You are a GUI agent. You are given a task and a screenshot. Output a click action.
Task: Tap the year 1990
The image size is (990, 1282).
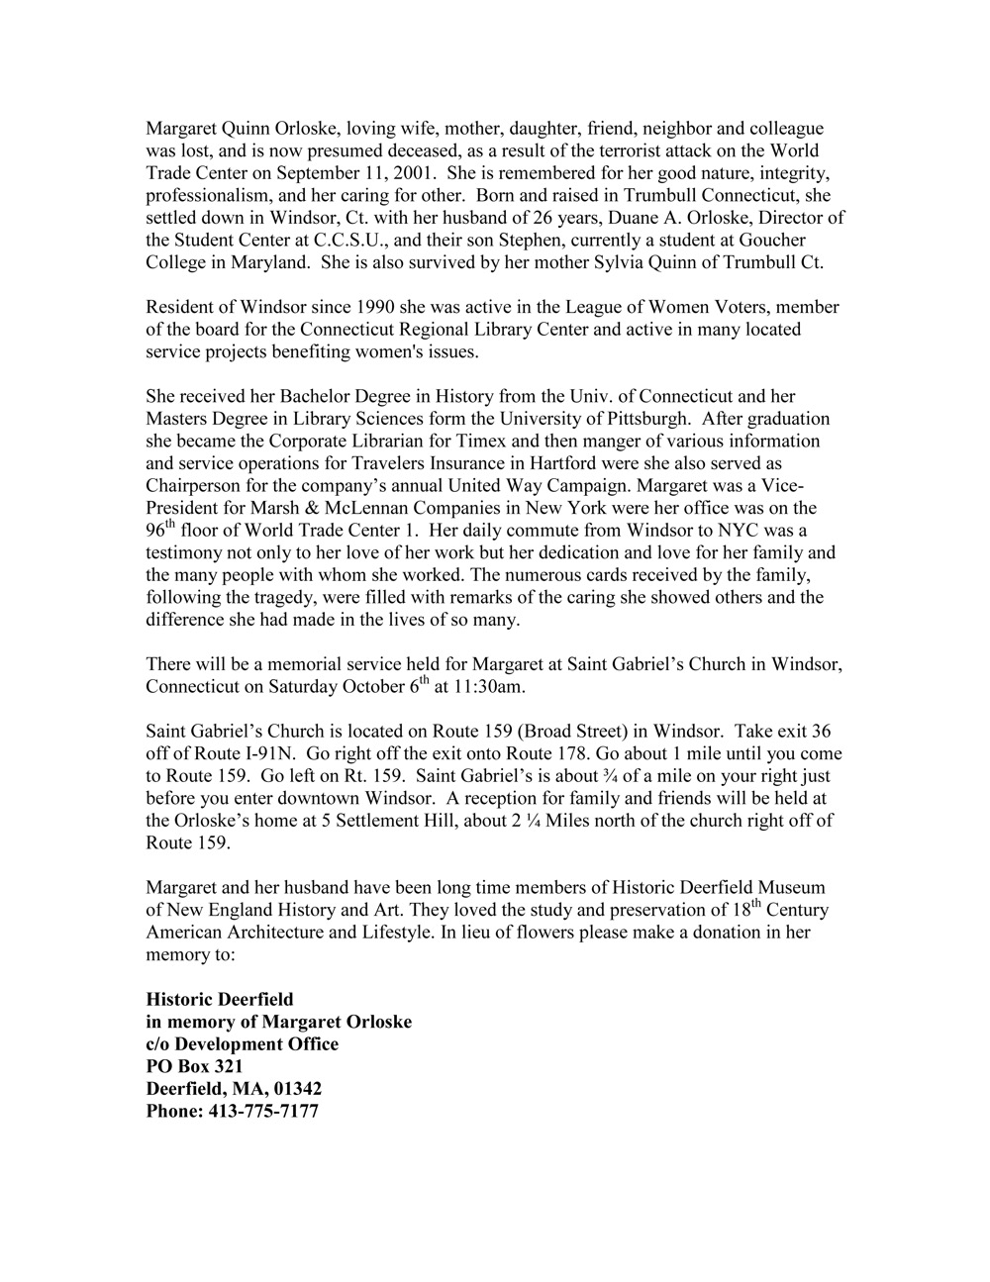[305, 307]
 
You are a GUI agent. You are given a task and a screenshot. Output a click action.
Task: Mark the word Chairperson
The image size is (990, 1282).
[194, 486]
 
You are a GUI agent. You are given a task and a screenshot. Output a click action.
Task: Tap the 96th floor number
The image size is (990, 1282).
[159, 531]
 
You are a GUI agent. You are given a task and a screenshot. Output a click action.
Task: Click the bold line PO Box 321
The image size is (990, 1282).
[194, 1066]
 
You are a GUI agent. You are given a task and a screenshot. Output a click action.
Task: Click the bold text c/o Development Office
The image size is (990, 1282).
[242, 1043]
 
